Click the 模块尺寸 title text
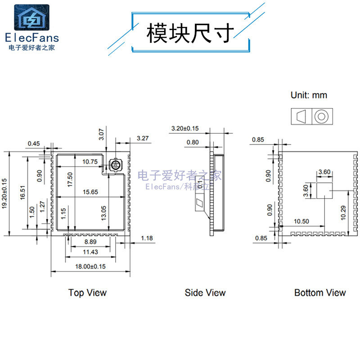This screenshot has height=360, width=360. point(190,33)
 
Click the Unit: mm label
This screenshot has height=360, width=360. point(309,95)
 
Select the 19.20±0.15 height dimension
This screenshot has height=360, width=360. point(5,193)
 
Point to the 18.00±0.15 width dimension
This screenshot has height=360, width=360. point(90,266)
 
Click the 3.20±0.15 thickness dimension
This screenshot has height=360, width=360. point(185,128)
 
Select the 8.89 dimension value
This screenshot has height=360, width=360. point(90,242)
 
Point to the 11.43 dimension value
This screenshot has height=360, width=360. point(90,252)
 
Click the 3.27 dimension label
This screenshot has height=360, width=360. point(142,138)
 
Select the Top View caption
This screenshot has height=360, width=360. point(87,293)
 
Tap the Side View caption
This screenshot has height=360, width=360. point(205,293)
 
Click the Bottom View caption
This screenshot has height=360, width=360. point(320,293)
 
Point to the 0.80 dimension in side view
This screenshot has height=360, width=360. point(193,142)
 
